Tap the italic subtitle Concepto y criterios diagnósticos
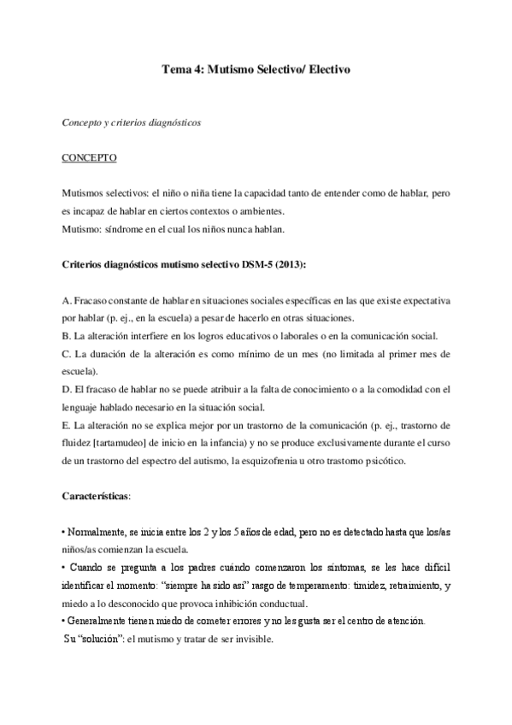132,122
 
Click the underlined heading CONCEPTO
90,158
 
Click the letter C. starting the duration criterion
68,353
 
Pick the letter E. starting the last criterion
68,424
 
